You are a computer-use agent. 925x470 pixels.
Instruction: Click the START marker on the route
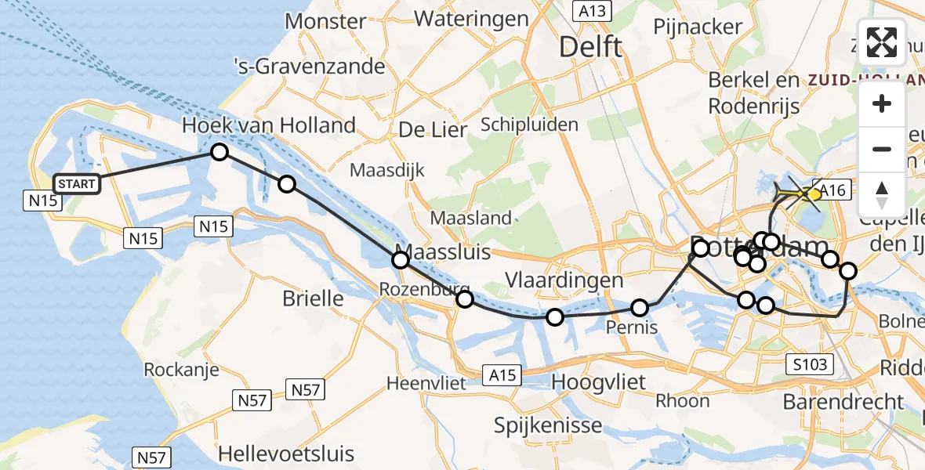[x=77, y=184]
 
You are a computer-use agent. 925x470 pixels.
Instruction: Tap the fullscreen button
[x=882, y=42]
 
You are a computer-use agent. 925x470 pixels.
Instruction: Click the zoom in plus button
[x=882, y=104]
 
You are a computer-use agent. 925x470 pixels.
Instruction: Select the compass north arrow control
[x=882, y=194]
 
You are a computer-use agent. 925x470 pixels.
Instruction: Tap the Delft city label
[x=591, y=47]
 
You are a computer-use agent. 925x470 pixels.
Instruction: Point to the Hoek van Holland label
[x=269, y=125]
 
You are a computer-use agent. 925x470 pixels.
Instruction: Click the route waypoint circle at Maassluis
[x=401, y=259]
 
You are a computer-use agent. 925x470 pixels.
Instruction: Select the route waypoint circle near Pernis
[x=640, y=308]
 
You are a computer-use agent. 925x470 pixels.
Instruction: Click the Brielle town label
[x=313, y=298]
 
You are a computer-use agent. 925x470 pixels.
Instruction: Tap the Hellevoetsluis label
[x=286, y=453]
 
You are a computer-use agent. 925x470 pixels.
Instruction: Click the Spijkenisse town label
[x=548, y=425]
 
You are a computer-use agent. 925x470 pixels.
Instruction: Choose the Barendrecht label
[x=843, y=402]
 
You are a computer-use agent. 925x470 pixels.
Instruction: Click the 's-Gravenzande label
[x=310, y=66]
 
